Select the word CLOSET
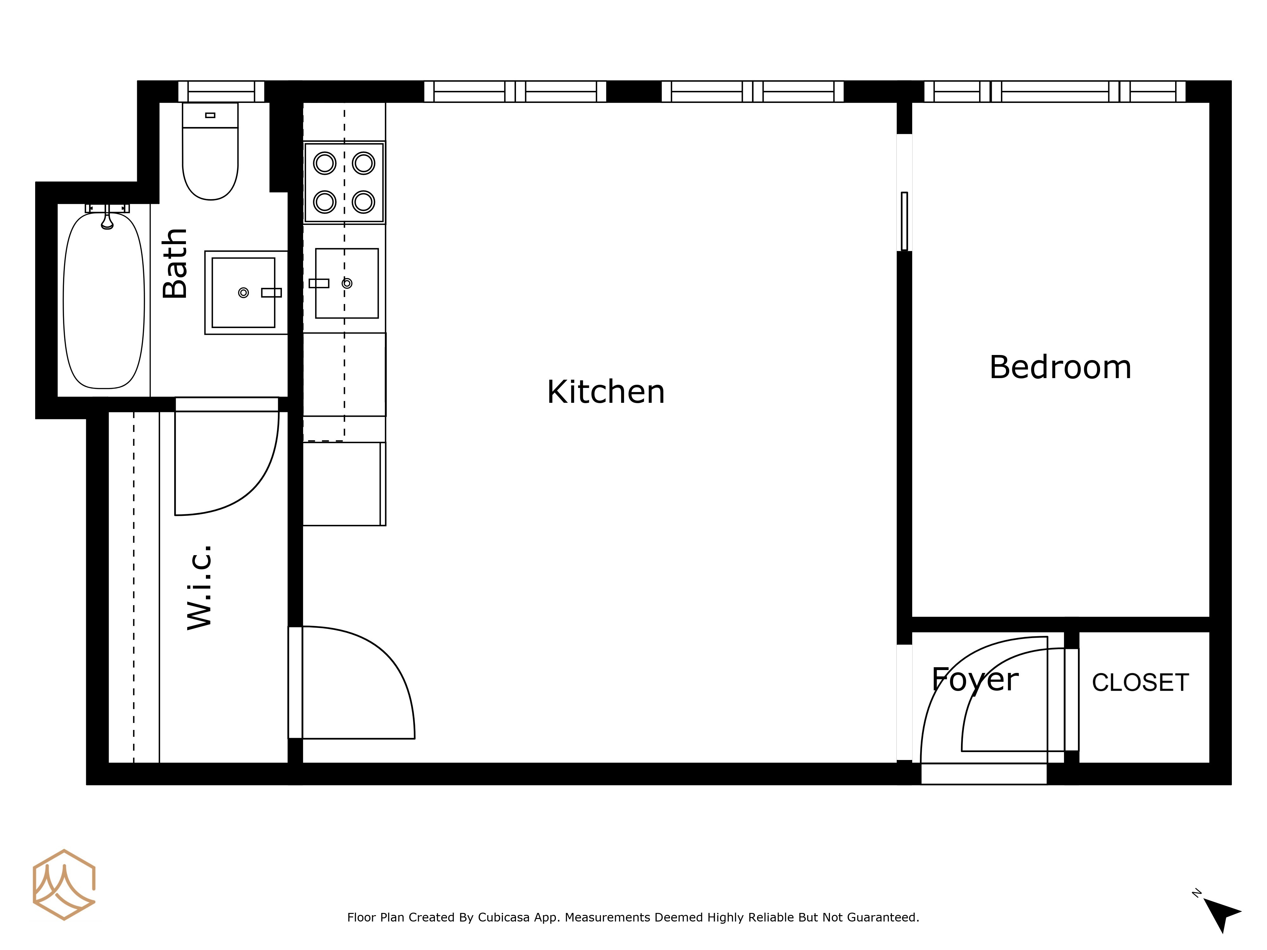pos(1140,683)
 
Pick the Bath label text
pos(175,263)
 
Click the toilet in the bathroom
pos(210,151)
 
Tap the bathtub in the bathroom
pos(104,300)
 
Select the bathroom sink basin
pos(244,293)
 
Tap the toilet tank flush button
pos(210,115)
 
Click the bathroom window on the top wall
pos(221,92)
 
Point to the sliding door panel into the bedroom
pos(904,221)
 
